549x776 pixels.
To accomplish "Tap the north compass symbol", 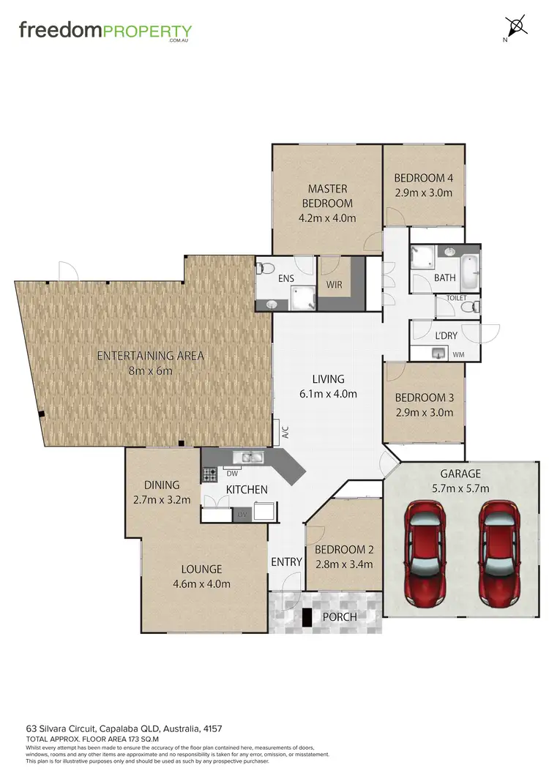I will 518,27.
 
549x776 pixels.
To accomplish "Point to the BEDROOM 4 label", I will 423,178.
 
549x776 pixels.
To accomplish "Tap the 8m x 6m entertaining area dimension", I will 150,371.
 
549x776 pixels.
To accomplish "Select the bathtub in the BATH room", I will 468,268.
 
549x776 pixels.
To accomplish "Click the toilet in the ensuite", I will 266,269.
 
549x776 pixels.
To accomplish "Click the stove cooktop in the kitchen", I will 209,475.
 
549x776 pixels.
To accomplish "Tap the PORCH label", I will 340,616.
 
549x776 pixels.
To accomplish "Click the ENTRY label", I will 286,562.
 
